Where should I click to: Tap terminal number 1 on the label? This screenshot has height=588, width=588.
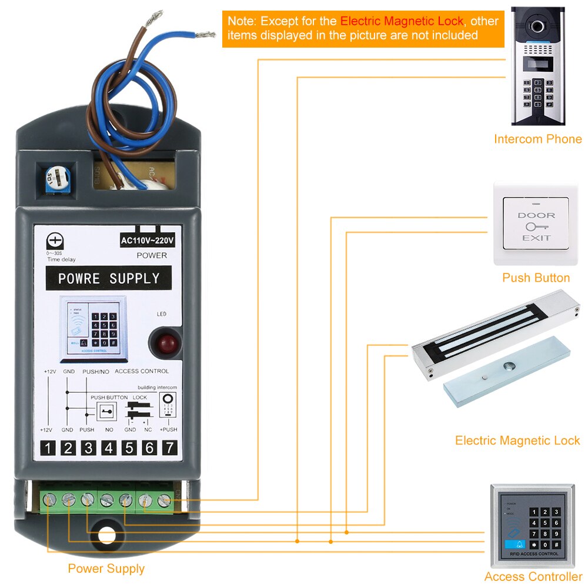point(48,448)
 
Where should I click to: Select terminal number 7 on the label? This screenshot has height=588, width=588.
point(169,448)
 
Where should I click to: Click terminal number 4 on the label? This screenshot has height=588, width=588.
point(108,448)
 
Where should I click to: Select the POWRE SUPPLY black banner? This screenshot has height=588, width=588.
point(109,278)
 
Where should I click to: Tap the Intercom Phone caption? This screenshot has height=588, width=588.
point(537,139)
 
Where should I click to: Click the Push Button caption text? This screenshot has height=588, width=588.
point(536,278)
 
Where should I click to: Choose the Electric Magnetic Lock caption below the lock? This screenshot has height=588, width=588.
point(517,440)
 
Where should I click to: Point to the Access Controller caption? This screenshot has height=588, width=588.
point(533,577)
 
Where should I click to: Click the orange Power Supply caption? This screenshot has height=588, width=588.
point(106,569)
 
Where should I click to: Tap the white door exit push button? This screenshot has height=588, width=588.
point(536,226)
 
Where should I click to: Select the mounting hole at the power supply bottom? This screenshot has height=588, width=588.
point(107,535)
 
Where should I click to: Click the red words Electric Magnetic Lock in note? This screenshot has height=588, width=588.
point(402,21)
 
